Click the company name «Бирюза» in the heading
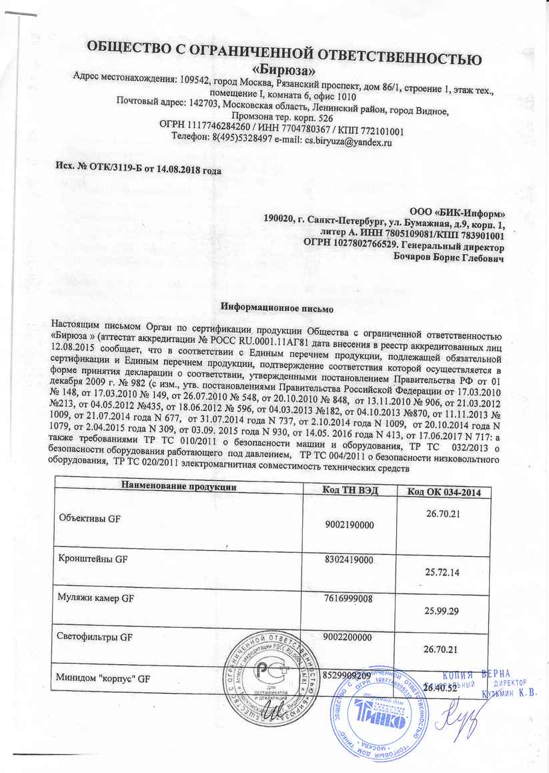point(284,68)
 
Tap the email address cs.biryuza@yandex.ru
point(348,141)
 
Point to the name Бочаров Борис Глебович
point(449,257)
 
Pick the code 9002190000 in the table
point(348,526)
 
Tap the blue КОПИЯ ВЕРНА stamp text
point(478,672)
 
